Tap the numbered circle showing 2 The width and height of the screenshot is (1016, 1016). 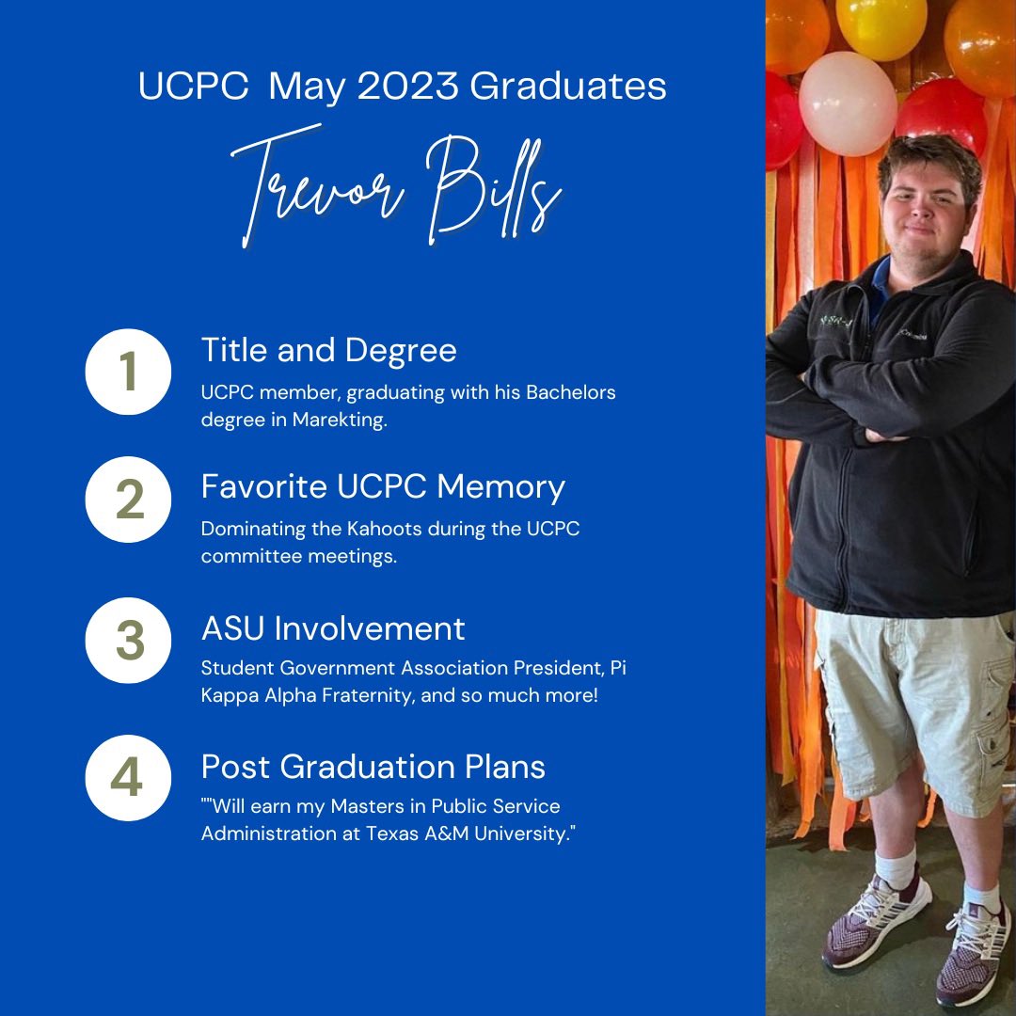(x=128, y=500)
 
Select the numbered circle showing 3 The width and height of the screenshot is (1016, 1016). (x=128, y=641)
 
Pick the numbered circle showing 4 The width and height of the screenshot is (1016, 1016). (x=128, y=778)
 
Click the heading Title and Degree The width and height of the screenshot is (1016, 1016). (x=328, y=350)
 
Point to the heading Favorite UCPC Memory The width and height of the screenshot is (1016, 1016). (x=383, y=486)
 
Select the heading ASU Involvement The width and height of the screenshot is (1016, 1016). (x=333, y=627)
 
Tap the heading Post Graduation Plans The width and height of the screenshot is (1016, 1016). (x=373, y=766)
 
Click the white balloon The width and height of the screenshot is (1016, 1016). (x=847, y=103)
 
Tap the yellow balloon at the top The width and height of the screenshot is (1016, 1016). (x=881, y=24)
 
